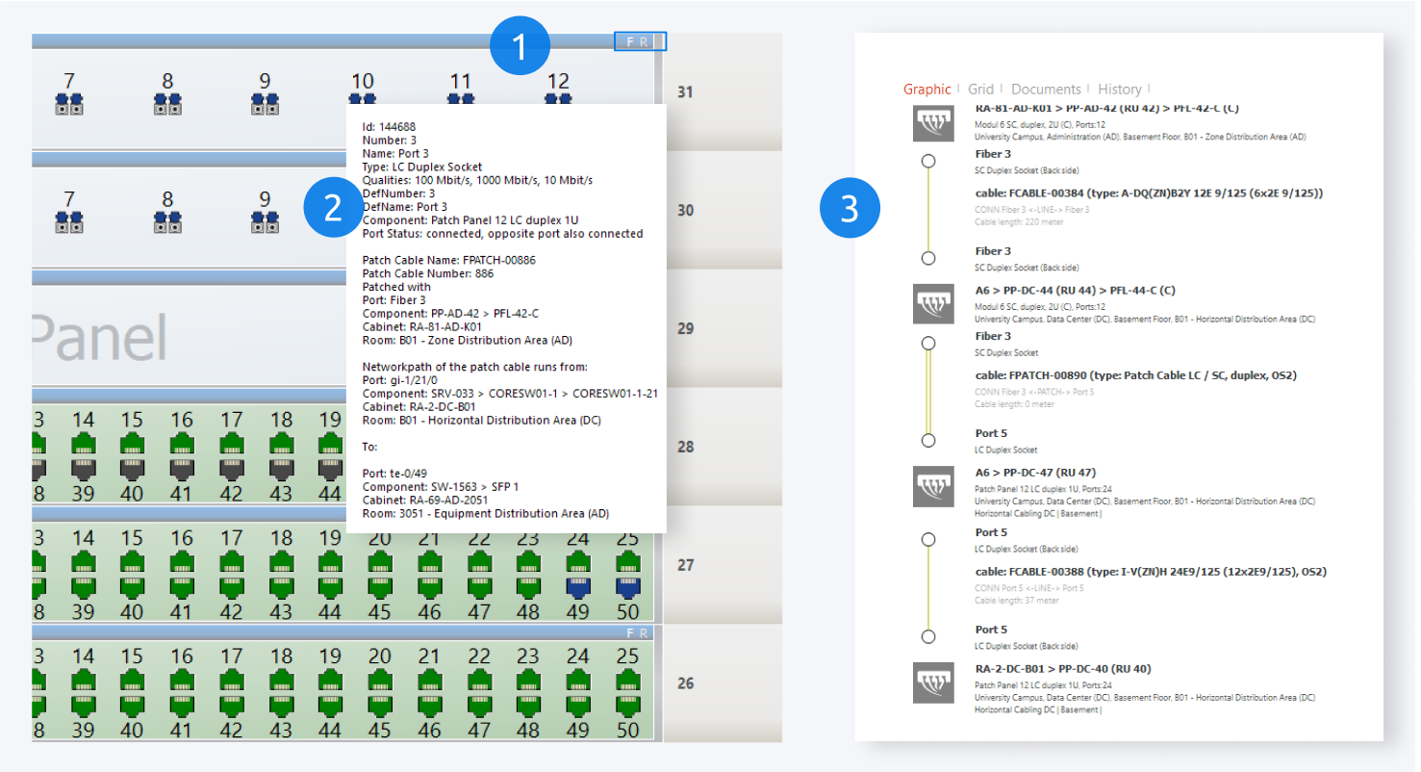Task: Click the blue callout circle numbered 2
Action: [333, 210]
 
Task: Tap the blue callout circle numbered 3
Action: [850, 210]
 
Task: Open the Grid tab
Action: [981, 90]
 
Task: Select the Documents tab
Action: [1046, 90]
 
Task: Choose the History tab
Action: [1119, 90]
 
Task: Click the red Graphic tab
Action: [926, 90]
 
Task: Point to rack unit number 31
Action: [685, 92]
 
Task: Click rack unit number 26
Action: [685, 683]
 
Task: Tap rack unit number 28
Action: [685, 447]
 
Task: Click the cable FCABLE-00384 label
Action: [1149, 193]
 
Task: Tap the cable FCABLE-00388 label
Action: [1151, 572]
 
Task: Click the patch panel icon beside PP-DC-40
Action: [932, 682]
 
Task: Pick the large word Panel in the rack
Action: [96, 337]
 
